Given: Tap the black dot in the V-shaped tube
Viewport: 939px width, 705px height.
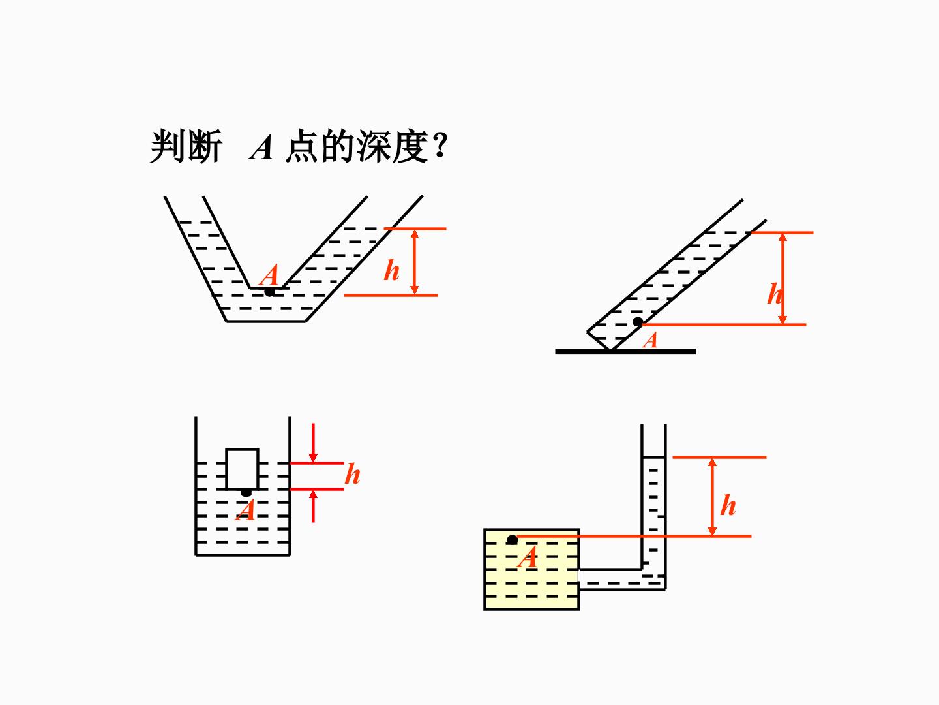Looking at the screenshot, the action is click(269, 292).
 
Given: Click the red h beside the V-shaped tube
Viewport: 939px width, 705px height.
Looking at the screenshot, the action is click(391, 270).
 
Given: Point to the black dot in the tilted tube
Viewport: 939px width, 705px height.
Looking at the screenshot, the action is click(637, 321).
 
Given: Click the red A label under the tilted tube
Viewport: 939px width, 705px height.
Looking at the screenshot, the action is click(650, 341).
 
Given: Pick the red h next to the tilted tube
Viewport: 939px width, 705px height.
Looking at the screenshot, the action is click(774, 294).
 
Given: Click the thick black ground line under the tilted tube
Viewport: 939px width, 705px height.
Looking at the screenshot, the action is click(625, 351).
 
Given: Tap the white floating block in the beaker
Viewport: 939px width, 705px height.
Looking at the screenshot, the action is click(242, 469).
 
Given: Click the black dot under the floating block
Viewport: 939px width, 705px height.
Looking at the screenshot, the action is click(246, 493).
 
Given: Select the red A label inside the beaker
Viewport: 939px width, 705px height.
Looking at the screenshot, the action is click(246, 510).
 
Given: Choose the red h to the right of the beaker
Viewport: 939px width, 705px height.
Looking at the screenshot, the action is click(353, 474).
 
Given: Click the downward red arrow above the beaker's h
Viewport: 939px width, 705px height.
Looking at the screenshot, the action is click(313, 442).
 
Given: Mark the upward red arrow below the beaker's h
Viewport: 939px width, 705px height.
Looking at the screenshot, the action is click(313, 506).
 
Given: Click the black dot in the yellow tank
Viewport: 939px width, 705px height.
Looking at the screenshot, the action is click(512, 540).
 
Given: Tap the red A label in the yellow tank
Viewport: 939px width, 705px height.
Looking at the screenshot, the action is click(528, 557).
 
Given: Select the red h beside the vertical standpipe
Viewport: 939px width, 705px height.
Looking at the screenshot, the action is click(728, 505).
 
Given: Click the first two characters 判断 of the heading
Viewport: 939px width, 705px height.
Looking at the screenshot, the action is click(186, 146).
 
